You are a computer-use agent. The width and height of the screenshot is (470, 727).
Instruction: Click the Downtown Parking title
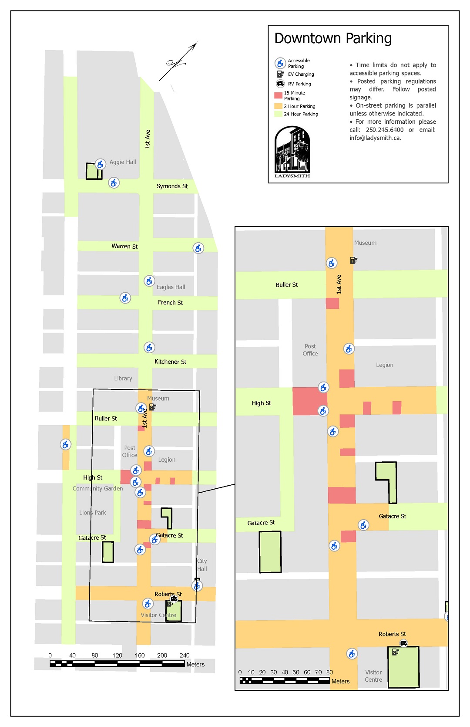pyautogui.click(x=333, y=38)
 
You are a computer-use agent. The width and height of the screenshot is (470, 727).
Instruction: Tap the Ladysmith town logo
pyautogui.click(x=292, y=152)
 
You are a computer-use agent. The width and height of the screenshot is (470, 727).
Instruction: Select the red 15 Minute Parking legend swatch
pyautogui.click(x=278, y=95)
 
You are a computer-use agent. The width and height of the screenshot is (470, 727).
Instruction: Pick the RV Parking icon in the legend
pyautogui.click(x=280, y=84)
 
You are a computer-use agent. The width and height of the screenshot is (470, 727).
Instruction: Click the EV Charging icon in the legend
pyautogui.click(x=280, y=74)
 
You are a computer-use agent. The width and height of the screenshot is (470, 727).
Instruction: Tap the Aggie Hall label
pyautogui.click(x=123, y=162)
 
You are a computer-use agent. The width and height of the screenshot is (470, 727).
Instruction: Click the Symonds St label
pyautogui.click(x=172, y=186)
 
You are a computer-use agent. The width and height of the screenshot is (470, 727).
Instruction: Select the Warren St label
pyautogui.click(x=124, y=246)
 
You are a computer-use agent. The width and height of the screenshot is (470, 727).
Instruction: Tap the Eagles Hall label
pyautogui.click(x=171, y=287)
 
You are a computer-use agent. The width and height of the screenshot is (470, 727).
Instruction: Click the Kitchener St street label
pyautogui.click(x=170, y=362)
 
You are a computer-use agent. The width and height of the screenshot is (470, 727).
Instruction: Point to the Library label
pyautogui.click(x=123, y=379)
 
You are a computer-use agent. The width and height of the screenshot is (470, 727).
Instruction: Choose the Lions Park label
pyautogui.click(x=93, y=513)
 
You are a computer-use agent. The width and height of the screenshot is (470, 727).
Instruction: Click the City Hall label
pyautogui.click(x=202, y=565)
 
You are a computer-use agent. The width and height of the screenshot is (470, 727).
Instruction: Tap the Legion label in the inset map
pyautogui.click(x=385, y=365)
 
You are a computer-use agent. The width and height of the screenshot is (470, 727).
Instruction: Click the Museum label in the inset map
pyautogui.click(x=365, y=243)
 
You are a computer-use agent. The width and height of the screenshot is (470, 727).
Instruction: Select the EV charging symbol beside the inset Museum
pyautogui.click(x=353, y=260)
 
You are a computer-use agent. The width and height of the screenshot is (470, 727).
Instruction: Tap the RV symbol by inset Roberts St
pyautogui.click(x=403, y=643)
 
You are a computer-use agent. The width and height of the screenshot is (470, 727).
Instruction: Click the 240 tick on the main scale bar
pyautogui.click(x=185, y=655)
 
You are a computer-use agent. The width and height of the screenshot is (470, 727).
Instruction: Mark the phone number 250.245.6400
pyautogui.click(x=384, y=130)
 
